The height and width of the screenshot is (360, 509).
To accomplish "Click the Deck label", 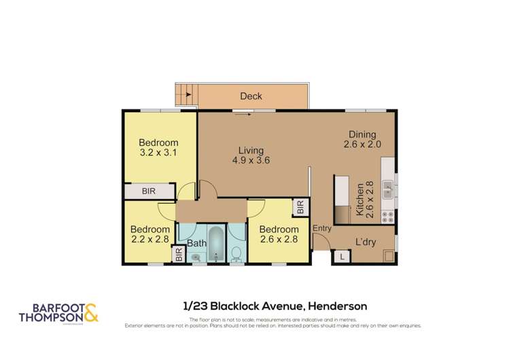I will pos(251,96).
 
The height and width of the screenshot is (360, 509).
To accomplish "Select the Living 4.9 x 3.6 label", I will pos(250,156).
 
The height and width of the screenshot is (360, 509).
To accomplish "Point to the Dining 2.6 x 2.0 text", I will pos(362,140).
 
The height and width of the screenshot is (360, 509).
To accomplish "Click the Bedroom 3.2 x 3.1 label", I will pos(158,148).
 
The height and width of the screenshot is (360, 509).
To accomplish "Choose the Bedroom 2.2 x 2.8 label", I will pos(150,234).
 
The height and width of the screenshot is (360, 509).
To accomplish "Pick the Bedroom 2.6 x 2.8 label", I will pos(278,234).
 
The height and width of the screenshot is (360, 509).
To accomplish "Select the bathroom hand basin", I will pos(196,257).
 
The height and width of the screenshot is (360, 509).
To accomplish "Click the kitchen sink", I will pos(386,188).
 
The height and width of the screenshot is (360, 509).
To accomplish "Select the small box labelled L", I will pos(342,257).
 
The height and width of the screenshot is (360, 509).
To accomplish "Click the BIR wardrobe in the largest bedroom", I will pos(148,192).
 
